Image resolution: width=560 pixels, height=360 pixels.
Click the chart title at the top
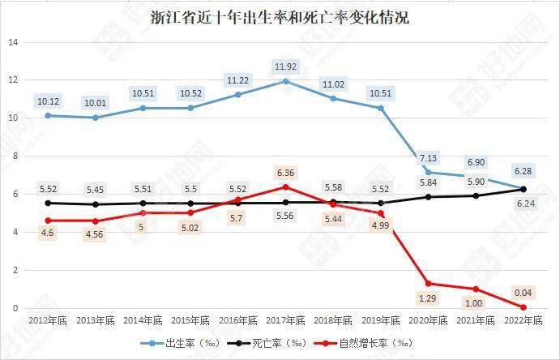click(x=280, y=17)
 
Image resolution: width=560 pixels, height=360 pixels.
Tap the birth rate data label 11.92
click(x=284, y=66)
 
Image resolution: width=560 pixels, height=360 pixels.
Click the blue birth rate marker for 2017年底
click(x=285, y=81)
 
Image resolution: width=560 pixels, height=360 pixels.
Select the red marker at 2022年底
click(x=524, y=307)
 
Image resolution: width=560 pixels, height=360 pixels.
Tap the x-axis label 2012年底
click(x=48, y=320)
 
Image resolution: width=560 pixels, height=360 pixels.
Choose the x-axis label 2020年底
click(x=428, y=320)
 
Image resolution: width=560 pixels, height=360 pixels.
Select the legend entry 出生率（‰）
click(x=187, y=344)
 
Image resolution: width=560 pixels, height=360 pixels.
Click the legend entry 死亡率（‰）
click(x=276, y=344)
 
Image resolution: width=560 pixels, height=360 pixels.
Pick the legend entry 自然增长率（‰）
click(x=370, y=344)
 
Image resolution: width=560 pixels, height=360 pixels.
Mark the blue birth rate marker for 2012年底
click(x=48, y=115)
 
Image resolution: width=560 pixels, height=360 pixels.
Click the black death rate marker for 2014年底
click(x=143, y=204)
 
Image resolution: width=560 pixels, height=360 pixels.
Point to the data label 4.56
click(x=96, y=236)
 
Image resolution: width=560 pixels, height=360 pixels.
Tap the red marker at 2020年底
click(x=428, y=284)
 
